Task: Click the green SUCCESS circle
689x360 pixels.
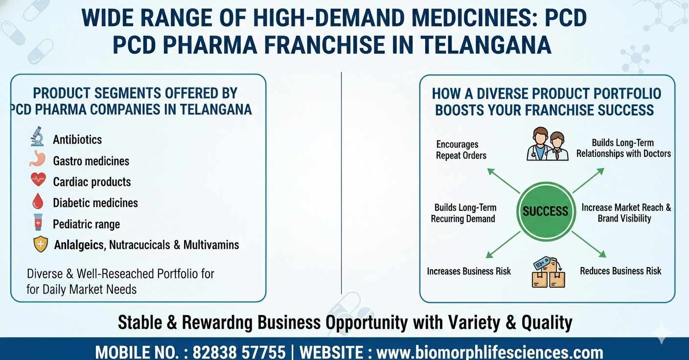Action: pyautogui.click(x=545, y=211)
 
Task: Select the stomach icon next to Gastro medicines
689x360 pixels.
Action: pyautogui.click(x=37, y=159)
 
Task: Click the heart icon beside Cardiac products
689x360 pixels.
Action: pyautogui.click(x=38, y=180)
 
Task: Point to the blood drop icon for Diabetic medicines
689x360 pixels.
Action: pyautogui.click(x=37, y=202)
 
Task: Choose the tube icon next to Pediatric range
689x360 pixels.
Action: pyautogui.click(x=37, y=223)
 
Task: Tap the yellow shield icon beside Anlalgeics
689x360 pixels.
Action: pyautogui.click(x=40, y=244)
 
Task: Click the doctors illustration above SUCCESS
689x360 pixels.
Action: pyautogui.click(x=548, y=144)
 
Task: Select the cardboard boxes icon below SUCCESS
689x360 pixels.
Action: pyautogui.click(x=548, y=273)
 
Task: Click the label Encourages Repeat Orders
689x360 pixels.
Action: pyautogui.click(x=461, y=150)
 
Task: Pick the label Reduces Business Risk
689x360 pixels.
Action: pyautogui.click(x=620, y=271)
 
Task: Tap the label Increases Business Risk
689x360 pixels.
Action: pyautogui.click(x=469, y=271)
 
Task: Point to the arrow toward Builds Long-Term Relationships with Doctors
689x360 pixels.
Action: pyautogui.click(x=588, y=180)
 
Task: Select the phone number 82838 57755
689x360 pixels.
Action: pyautogui.click(x=239, y=352)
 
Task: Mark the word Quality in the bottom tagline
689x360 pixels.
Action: pyautogui.click(x=547, y=323)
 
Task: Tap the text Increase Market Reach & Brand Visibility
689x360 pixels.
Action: pyautogui.click(x=626, y=213)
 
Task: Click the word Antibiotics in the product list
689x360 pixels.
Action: pyautogui.click(x=77, y=139)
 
